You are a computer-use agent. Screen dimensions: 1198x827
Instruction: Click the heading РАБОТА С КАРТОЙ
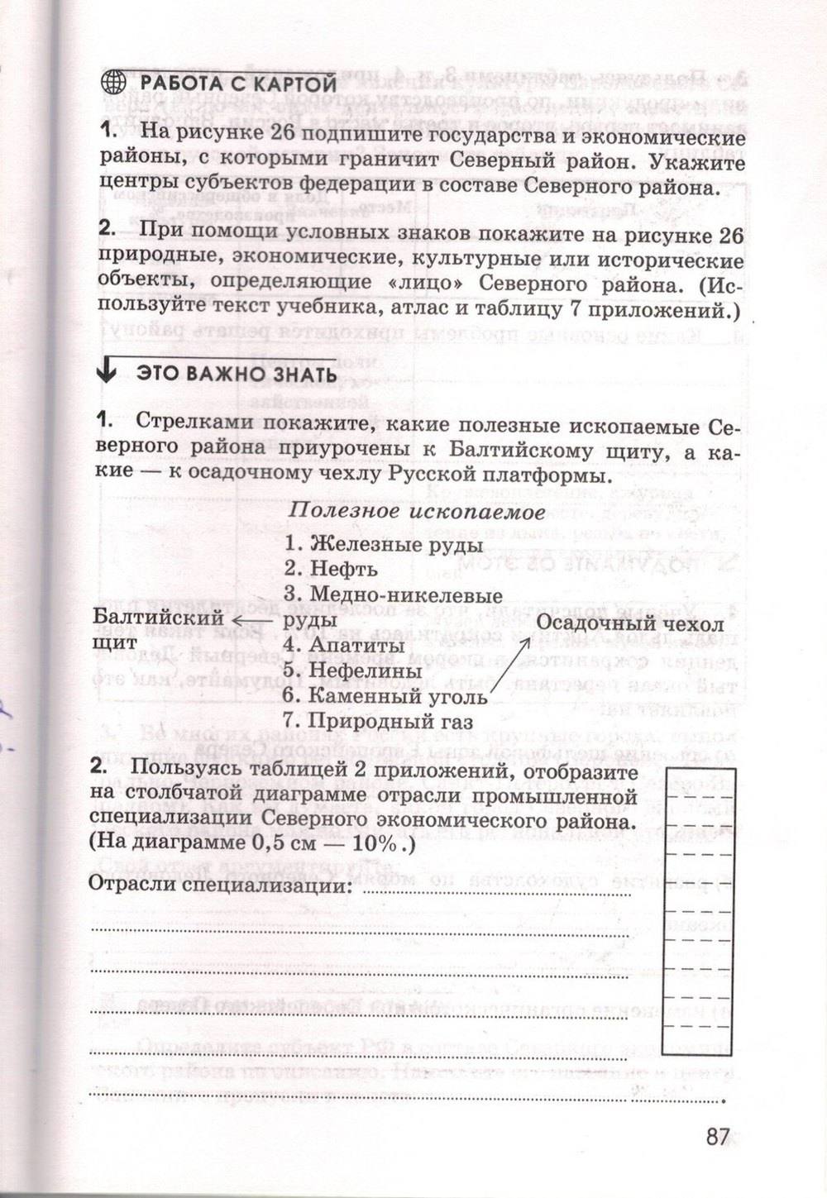tap(238, 84)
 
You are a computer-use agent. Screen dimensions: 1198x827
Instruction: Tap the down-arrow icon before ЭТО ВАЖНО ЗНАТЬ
tap(106, 372)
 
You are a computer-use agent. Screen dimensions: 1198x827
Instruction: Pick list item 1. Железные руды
tap(384, 545)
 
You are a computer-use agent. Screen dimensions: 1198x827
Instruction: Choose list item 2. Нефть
tap(331, 569)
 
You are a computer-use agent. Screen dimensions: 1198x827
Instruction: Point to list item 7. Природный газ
tap(378, 721)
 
